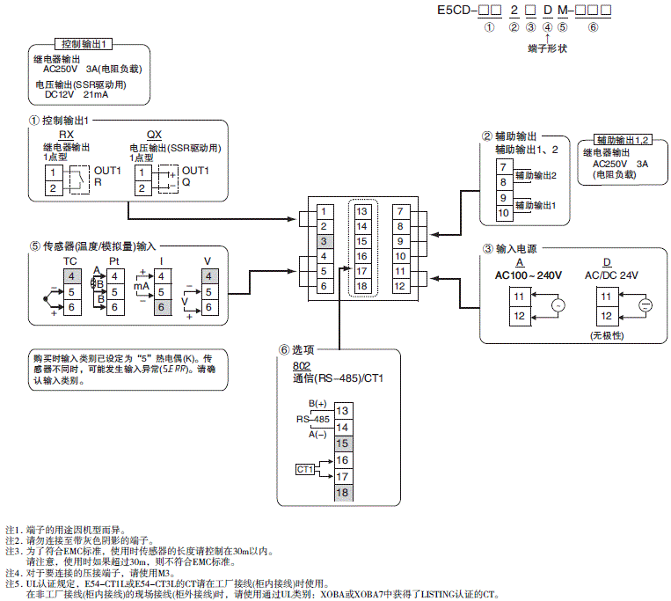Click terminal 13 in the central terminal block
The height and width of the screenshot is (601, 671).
tap(361, 211)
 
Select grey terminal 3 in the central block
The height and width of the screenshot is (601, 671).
tap(325, 240)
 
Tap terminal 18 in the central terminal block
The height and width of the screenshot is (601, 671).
tap(361, 286)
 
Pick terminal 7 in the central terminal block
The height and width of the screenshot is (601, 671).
tap(400, 211)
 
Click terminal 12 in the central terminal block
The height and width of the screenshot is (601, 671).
tap(400, 286)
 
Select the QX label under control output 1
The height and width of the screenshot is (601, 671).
tap(155, 135)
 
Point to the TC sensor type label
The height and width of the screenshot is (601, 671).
tap(70, 262)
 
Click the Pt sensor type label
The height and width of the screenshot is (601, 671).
tap(113, 262)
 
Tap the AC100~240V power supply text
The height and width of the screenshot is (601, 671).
tap(528, 275)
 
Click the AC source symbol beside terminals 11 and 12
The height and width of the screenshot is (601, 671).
tap(556, 306)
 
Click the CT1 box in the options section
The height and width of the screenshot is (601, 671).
tap(305, 470)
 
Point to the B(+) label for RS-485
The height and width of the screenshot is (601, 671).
tap(314, 403)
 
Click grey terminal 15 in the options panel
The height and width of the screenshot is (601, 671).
tap(342, 443)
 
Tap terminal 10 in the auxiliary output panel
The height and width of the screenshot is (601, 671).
tap(504, 212)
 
